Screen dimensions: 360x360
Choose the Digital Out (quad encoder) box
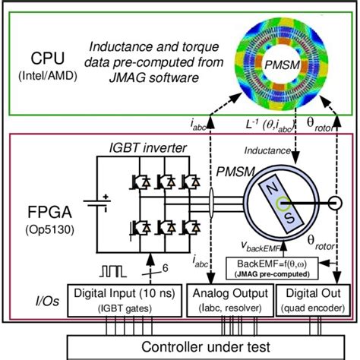(309, 298)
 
